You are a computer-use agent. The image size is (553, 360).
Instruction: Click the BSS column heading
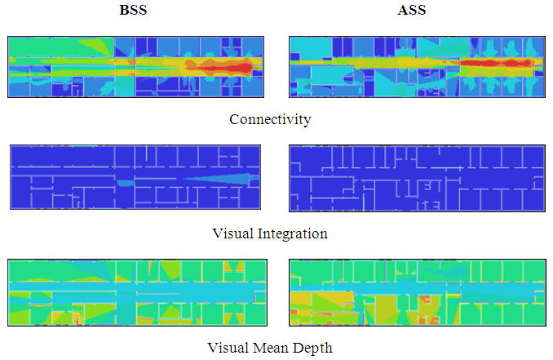(135, 12)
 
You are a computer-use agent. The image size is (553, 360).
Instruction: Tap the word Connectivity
(270, 120)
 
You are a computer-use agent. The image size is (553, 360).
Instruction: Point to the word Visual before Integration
(232, 234)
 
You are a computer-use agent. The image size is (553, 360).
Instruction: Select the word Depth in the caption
(315, 349)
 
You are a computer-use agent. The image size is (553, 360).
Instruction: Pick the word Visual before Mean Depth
(231, 349)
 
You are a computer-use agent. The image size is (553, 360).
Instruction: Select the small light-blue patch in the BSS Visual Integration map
(125, 184)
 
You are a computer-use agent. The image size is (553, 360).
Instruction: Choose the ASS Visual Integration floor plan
(416, 177)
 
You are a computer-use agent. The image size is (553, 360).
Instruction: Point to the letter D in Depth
(302, 349)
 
